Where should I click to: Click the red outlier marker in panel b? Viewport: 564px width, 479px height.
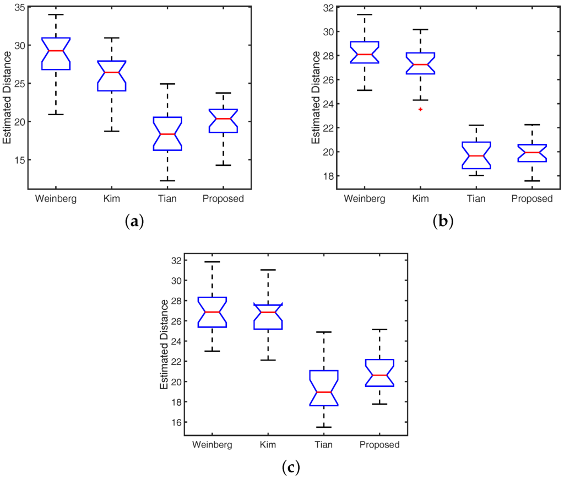(420, 109)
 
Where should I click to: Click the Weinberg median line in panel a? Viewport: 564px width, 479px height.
(56, 51)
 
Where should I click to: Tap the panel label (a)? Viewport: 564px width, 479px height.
(134, 221)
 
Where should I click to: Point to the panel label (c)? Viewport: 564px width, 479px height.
(290, 468)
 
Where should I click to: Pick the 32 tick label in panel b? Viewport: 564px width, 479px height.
(328, 7)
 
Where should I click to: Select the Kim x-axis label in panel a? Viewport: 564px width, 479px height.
(112, 198)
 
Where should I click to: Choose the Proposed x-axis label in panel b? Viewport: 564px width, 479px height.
(532, 198)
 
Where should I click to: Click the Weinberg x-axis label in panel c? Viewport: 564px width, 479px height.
(213, 445)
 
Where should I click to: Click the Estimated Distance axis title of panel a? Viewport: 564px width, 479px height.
(7, 98)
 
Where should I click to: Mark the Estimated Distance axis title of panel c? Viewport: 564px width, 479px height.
(164, 344)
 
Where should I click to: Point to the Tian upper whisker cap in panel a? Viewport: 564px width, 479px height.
(167, 84)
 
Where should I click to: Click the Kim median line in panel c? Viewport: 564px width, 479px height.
(268, 312)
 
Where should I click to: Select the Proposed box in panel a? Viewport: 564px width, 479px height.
(224, 121)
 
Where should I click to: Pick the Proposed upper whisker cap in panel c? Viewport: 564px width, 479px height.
(379, 329)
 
